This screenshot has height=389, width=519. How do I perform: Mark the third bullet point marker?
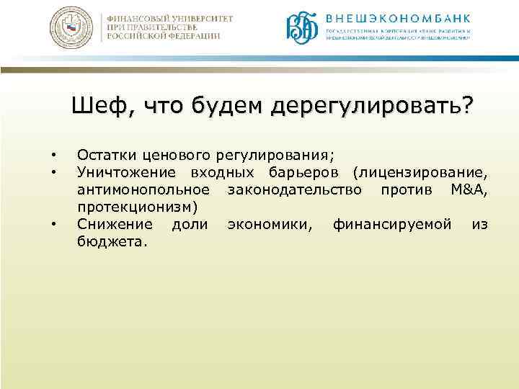54,225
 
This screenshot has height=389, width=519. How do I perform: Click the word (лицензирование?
420,172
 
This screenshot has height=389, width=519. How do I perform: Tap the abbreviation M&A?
469,189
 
